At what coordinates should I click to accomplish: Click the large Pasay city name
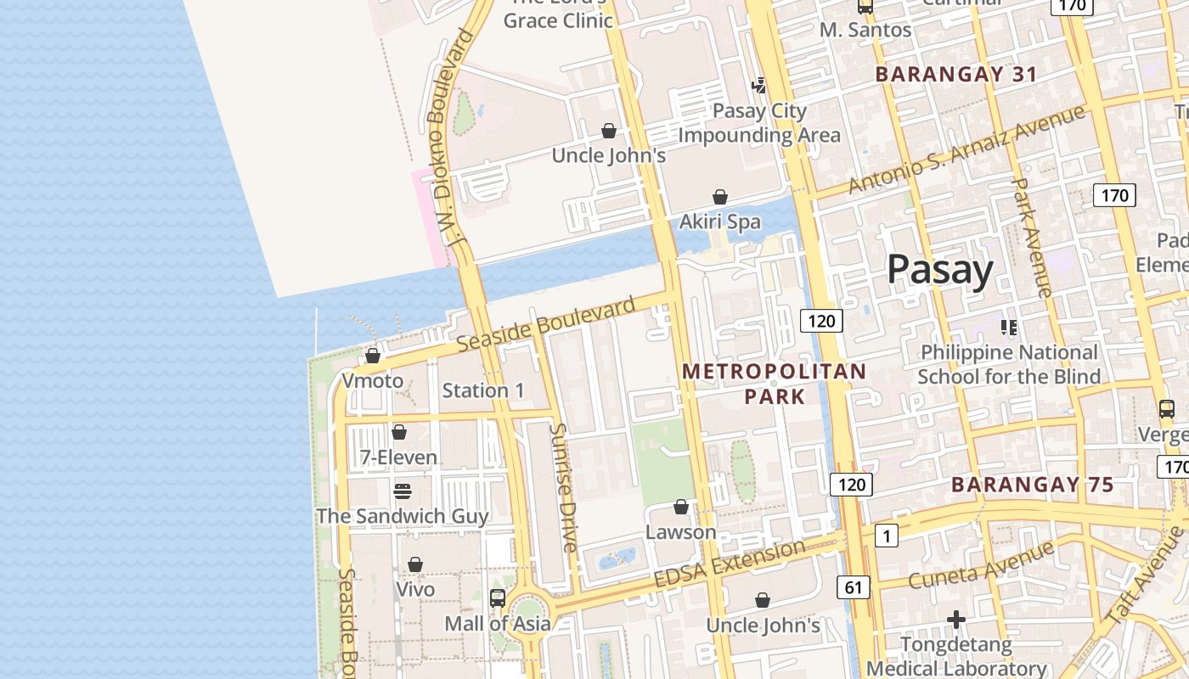(939, 270)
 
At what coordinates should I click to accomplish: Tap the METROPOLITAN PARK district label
(774, 384)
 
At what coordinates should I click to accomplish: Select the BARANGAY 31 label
(956, 75)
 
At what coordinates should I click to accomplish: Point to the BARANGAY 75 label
(1032, 485)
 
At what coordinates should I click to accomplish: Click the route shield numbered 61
(853, 586)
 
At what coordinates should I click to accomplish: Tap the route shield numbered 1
(886, 536)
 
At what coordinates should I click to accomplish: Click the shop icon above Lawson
(681, 507)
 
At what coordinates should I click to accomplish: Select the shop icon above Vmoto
(373, 356)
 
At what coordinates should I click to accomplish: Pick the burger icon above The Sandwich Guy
(403, 491)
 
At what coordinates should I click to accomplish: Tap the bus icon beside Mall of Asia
(498, 598)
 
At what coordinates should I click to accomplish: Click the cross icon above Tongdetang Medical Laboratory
(956, 620)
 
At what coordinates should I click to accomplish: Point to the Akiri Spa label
(720, 222)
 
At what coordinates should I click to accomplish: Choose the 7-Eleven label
(398, 457)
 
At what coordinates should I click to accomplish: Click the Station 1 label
(483, 390)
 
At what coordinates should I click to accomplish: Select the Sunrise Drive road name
(563, 487)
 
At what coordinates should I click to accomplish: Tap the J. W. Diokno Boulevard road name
(449, 136)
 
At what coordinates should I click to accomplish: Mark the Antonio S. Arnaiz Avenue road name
(966, 149)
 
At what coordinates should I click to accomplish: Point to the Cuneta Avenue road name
(980, 566)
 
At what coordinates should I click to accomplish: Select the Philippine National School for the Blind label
(1009, 364)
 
